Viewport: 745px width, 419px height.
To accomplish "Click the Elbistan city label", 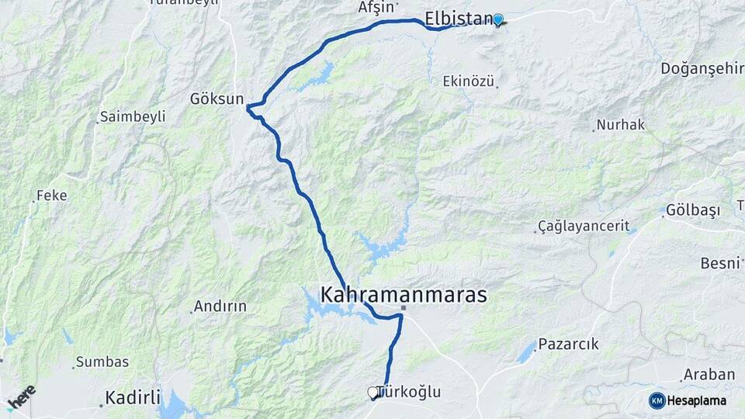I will [459, 19].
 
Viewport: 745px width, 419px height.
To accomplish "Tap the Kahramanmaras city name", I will [404, 295].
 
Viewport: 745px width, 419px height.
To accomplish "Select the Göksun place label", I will [217, 99].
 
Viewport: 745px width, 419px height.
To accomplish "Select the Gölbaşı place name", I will [693, 210].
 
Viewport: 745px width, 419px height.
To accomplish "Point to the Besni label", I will [719, 263].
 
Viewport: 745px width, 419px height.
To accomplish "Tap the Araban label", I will [709, 375].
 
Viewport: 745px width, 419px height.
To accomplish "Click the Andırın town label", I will [220, 306].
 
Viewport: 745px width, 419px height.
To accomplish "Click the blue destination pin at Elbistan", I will [498, 19].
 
